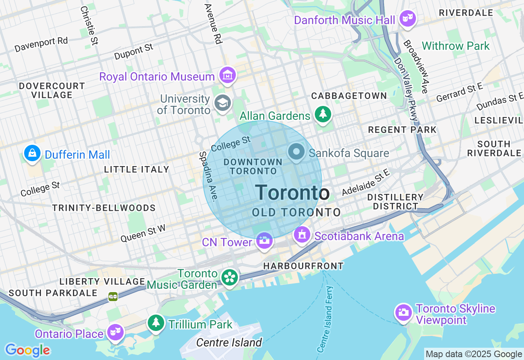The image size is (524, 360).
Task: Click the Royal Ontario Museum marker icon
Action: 227,75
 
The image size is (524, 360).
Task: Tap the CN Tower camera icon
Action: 264,241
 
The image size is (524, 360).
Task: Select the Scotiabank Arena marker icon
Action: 302,235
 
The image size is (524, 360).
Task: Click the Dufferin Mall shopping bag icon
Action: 32,153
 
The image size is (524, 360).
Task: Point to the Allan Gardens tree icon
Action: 323,114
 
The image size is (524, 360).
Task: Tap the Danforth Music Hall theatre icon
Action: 407,19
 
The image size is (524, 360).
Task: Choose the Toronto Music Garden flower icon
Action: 230,278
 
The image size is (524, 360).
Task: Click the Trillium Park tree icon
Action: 156,323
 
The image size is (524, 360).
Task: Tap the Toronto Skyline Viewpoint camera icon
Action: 403,313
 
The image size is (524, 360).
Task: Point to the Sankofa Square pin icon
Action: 296,152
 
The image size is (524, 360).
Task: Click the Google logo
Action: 27,350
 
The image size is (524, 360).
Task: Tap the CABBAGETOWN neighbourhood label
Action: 349,96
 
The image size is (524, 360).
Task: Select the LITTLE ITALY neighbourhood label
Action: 136,169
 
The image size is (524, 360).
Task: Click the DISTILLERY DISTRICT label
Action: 395,202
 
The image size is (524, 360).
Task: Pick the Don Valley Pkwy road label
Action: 406,88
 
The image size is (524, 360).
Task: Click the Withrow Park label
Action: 456,46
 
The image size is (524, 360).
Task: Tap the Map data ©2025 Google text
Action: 474,354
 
